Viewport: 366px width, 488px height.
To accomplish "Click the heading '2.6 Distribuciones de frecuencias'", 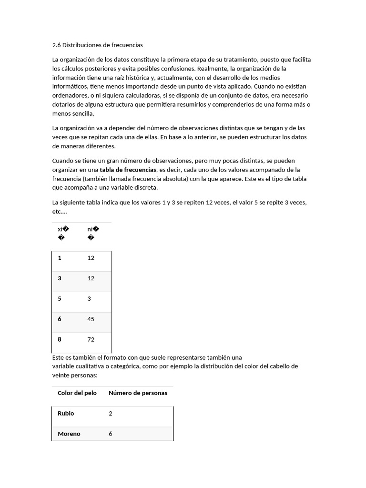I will (x=97, y=45).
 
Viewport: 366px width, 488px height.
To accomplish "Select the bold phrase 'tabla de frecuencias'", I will (x=128, y=170).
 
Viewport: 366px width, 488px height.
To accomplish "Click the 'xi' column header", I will (x=61, y=229).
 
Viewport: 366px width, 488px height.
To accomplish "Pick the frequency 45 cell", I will (x=91, y=319).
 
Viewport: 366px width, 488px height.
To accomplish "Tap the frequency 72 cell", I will (x=91, y=340).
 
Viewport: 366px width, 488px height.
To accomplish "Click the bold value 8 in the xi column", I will (x=60, y=340).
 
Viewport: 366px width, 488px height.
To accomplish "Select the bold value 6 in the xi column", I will (x=60, y=319).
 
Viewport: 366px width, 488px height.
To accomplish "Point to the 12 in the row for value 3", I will (x=91, y=278).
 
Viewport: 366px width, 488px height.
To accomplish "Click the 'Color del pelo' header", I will (x=77, y=393).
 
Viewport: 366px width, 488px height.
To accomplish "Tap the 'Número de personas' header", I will (x=138, y=393).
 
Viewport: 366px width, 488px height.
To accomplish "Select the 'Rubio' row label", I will (x=66, y=414).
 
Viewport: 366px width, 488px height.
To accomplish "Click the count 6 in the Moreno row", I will (x=111, y=434).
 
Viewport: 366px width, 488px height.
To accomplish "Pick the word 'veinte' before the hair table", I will (x=61, y=376).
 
